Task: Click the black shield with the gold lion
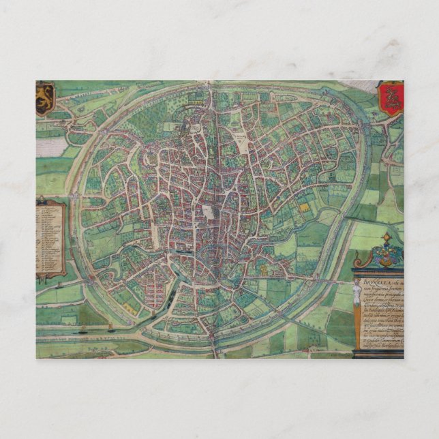click(x=45, y=98)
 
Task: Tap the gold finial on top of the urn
click(x=387, y=237)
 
